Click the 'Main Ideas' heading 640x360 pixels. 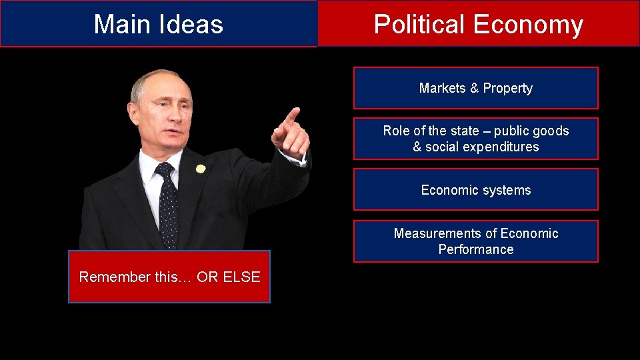[x=158, y=24]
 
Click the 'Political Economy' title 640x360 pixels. [x=478, y=24]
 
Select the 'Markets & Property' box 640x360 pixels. [x=475, y=88]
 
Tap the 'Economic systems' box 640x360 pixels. [x=475, y=190]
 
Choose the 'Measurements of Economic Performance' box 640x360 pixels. [x=475, y=241]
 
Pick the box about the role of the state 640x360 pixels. [x=475, y=139]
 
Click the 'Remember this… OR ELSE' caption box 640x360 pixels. [x=169, y=277]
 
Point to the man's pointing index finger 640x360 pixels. [x=291, y=116]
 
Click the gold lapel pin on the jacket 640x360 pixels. [x=200, y=169]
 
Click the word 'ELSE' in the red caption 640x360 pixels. [x=241, y=277]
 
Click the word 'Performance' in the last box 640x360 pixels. [x=475, y=249]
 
